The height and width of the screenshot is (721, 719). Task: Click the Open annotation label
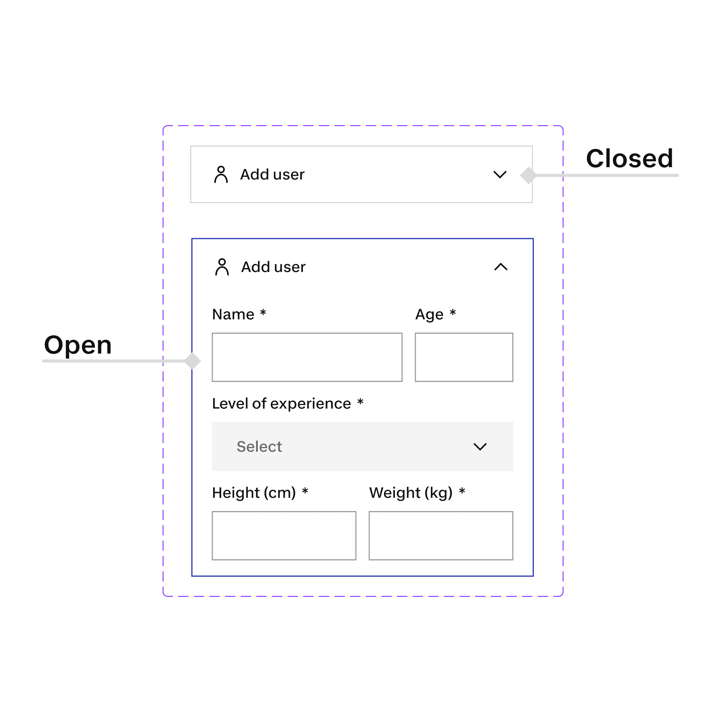[x=78, y=345]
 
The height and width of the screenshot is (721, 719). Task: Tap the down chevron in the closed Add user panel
[x=500, y=175]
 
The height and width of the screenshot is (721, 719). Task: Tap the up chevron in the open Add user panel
[x=501, y=267]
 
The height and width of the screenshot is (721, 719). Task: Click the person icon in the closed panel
[x=221, y=175]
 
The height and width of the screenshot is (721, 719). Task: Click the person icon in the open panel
[x=222, y=267]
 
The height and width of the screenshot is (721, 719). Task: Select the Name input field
[x=307, y=357]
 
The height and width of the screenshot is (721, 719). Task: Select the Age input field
[x=464, y=357]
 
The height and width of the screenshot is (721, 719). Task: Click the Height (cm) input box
[x=284, y=535]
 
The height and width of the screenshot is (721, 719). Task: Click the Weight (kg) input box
[x=441, y=535]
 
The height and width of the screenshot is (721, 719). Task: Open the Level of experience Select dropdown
[x=362, y=446]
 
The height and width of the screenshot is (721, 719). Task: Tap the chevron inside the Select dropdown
[x=480, y=447]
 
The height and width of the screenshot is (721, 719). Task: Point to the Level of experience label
[x=282, y=403]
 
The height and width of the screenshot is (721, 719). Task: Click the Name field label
[x=233, y=314]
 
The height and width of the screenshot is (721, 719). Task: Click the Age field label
[x=429, y=314]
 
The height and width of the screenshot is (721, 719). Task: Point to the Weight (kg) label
[x=411, y=493]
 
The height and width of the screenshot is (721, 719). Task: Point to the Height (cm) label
[x=254, y=493]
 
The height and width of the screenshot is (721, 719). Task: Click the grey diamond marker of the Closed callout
[x=528, y=175]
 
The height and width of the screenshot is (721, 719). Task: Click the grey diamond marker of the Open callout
[x=192, y=361]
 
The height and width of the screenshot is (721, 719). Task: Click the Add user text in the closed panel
[x=272, y=175]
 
